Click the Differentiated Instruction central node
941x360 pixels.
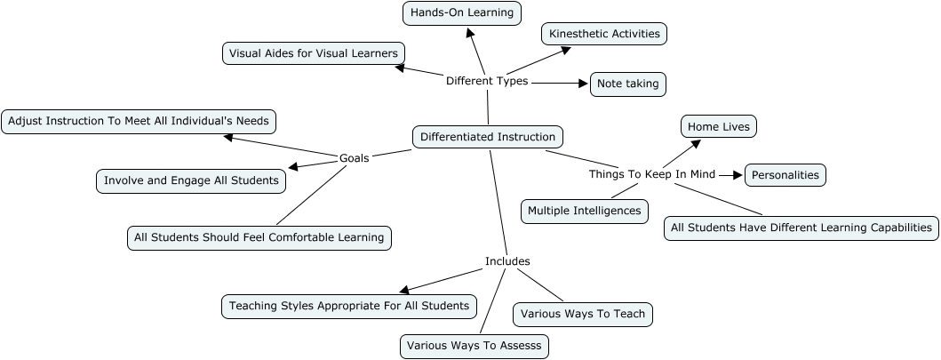488,137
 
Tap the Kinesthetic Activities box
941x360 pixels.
604,34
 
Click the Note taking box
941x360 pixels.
627,84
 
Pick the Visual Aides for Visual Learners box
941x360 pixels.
314,53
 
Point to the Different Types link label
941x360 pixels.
487,81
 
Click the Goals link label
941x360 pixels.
355,158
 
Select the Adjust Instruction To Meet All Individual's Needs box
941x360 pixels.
140,121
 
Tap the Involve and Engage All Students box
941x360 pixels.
191,180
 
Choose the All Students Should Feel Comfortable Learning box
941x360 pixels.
259,237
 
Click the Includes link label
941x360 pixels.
507,261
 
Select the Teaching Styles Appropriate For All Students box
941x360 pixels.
348,306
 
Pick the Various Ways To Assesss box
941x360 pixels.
474,346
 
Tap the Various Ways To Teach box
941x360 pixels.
583,314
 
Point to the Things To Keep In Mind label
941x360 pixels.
652,174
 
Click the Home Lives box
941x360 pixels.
718,127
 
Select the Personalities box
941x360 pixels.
785,175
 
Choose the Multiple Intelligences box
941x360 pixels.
584,211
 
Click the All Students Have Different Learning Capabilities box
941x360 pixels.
801,228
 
